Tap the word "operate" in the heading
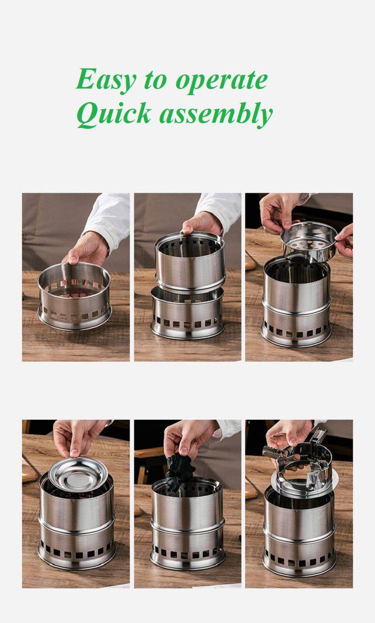222,81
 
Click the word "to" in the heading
156,81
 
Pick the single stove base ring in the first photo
75,296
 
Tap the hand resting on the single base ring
86,248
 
